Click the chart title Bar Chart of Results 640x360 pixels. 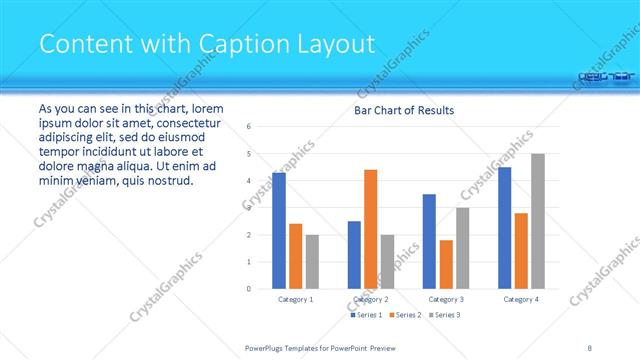(x=405, y=110)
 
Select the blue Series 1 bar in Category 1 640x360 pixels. (x=279, y=231)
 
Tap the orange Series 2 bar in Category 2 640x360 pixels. (x=370, y=229)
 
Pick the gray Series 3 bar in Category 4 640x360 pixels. (x=537, y=221)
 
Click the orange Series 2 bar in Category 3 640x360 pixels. (x=446, y=264)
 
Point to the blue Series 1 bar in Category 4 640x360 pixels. (x=505, y=228)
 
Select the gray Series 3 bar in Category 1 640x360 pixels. (x=312, y=262)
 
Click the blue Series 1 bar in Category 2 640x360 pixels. (x=354, y=255)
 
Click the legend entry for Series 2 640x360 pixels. (x=409, y=315)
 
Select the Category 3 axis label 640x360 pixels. (x=445, y=299)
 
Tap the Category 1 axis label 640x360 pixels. (x=294, y=299)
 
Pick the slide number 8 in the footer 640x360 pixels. (x=590, y=347)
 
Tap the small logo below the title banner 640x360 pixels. (x=606, y=75)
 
